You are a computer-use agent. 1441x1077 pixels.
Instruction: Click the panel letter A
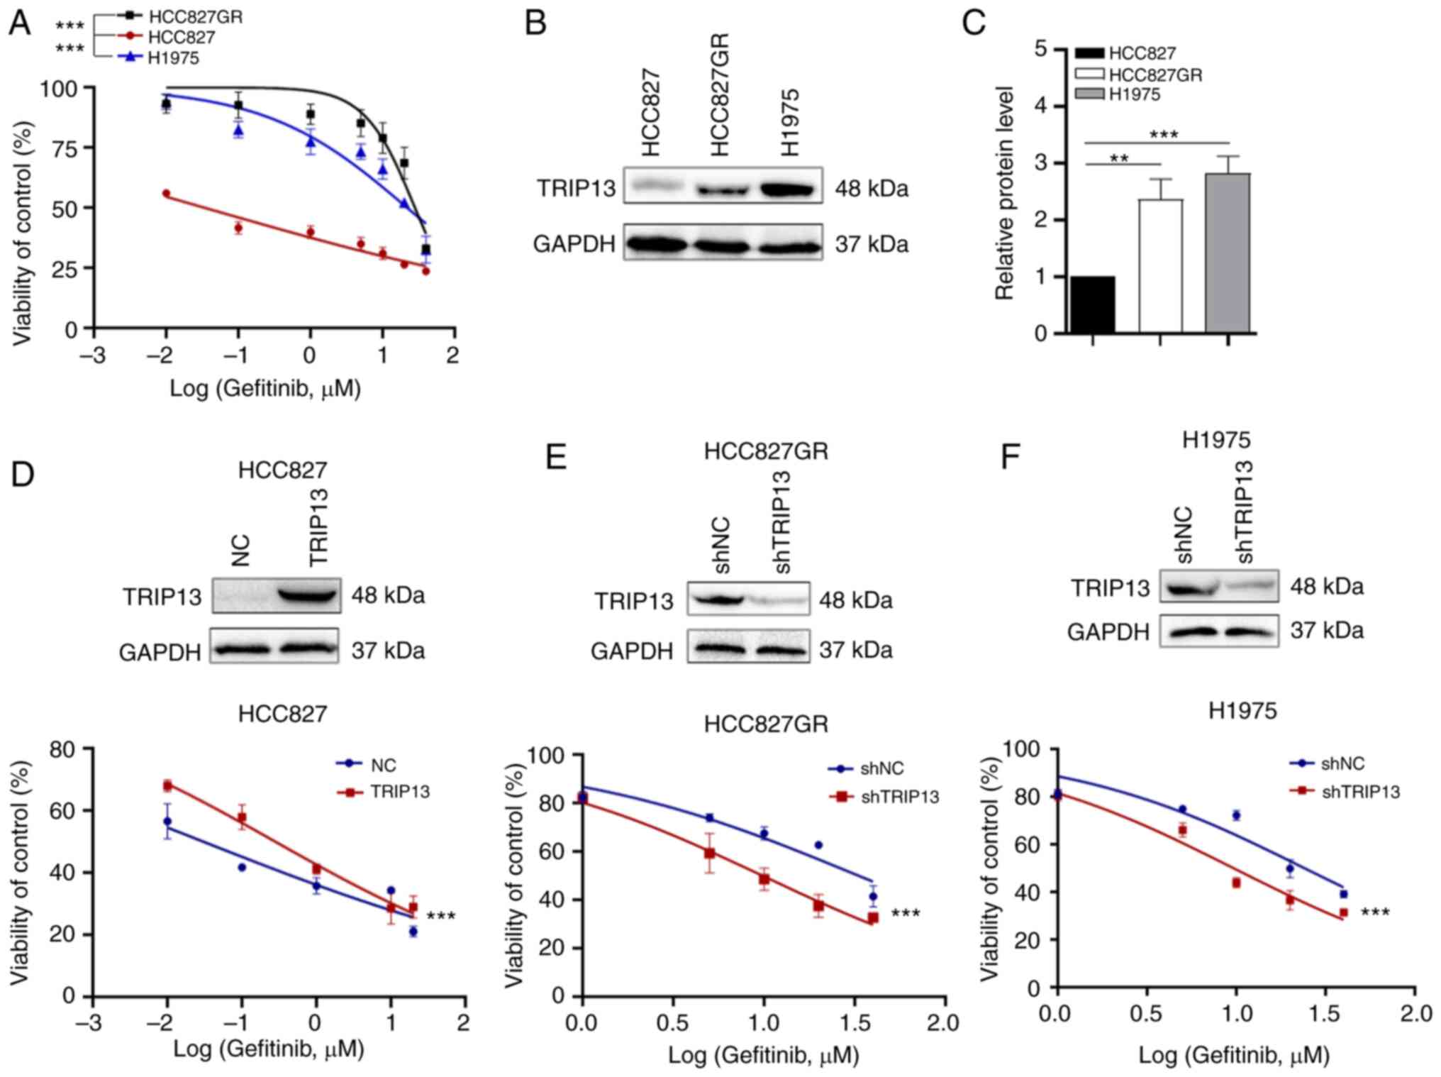20,23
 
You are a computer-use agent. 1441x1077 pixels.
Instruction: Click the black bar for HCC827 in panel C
1093,304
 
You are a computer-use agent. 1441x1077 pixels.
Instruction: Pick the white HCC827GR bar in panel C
1160,266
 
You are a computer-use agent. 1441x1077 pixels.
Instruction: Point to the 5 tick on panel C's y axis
1042,50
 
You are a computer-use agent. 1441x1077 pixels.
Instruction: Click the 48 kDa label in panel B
872,189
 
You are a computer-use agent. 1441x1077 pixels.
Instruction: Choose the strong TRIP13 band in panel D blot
309,595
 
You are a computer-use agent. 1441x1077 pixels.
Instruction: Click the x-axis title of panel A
265,389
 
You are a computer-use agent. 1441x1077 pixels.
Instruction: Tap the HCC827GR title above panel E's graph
766,724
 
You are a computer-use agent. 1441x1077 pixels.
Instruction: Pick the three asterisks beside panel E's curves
906,913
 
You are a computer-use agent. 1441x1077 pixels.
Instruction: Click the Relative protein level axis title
1004,193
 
